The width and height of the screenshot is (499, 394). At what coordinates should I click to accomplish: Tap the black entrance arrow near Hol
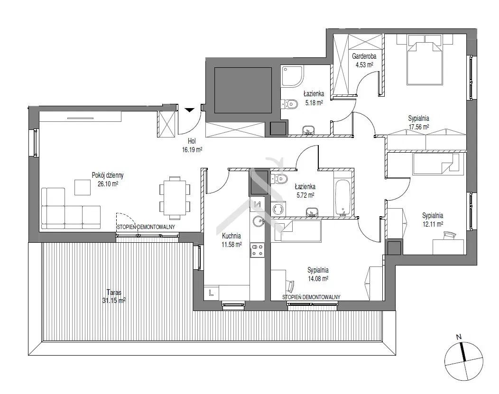coord(190,110)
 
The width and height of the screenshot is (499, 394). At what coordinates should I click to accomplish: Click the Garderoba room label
coord(364,56)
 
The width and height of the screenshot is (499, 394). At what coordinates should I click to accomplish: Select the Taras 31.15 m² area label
coord(114,296)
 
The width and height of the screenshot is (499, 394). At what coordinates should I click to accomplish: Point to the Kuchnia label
coord(231,236)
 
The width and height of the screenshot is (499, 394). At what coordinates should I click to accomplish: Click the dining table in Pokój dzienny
coord(175,198)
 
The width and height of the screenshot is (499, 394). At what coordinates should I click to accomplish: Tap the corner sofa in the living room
coord(71,208)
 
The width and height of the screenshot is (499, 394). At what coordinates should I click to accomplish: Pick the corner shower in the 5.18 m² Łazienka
coord(292,76)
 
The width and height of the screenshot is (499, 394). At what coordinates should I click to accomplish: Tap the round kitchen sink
coord(259,221)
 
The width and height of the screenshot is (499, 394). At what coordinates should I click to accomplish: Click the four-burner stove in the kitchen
coord(257,250)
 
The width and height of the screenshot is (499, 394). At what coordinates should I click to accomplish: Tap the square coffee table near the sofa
coord(83,187)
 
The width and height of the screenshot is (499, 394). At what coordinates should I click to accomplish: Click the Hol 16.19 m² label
coord(192,146)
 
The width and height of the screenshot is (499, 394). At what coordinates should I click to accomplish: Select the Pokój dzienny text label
coord(108,175)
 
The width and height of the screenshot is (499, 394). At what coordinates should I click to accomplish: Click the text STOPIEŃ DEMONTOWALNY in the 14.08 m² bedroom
coord(311,297)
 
